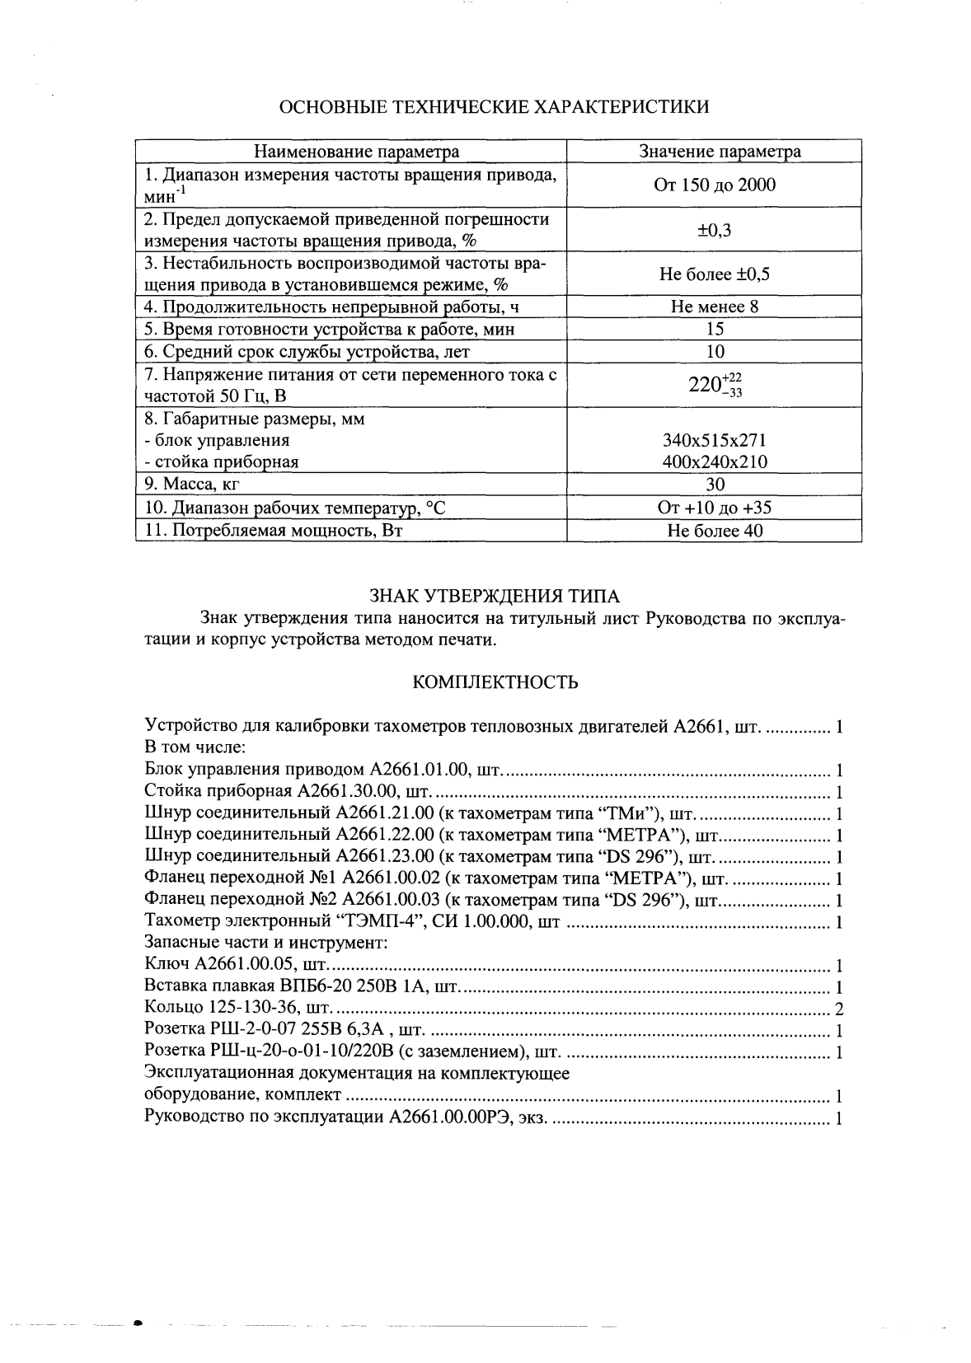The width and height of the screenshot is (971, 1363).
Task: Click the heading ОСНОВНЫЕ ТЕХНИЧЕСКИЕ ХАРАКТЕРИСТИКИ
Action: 495,107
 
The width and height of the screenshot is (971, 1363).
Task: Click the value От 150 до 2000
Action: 714,185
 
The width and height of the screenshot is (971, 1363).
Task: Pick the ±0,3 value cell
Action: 714,230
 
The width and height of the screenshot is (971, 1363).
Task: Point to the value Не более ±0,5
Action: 714,274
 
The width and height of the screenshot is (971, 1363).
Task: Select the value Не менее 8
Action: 714,307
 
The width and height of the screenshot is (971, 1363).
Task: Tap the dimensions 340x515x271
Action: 714,440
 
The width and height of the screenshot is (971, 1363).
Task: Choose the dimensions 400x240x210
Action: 714,462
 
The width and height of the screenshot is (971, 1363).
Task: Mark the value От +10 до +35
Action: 714,508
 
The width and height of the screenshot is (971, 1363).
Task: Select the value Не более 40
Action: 714,531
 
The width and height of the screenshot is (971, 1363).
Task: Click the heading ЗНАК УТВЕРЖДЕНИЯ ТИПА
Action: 494,596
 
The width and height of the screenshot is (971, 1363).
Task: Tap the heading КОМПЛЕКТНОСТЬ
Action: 495,682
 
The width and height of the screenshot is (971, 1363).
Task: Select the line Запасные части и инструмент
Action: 265,942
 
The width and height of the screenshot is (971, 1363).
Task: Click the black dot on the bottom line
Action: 138,1323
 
